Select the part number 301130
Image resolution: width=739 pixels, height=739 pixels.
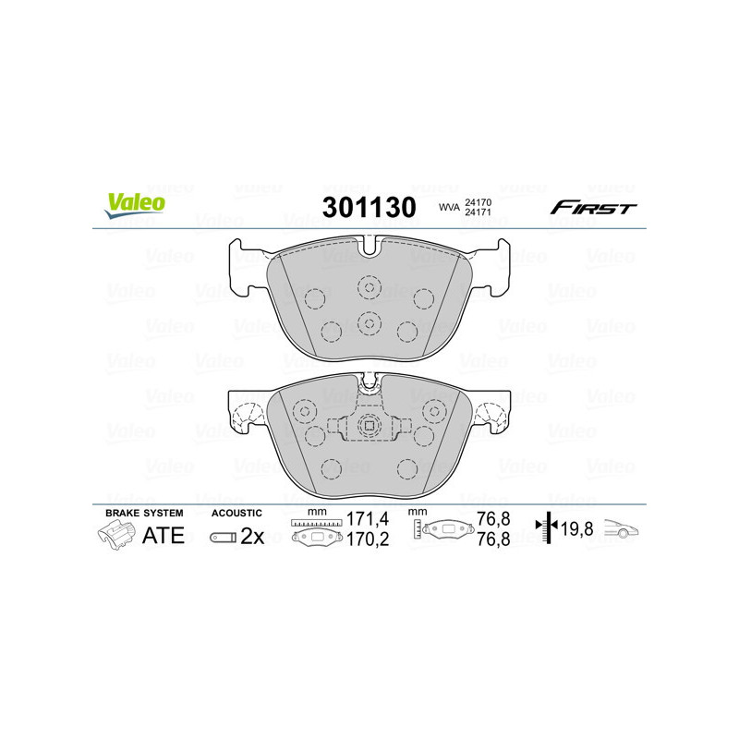tap(368, 207)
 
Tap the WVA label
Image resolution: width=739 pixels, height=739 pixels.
tap(449, 207)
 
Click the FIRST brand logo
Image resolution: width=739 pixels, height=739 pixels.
tap(593, 208)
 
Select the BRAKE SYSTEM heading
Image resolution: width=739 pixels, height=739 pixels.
tap(144, 513)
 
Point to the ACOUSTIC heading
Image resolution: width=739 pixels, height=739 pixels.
tap(236, 513)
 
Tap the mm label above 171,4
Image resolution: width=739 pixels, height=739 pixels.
tap(317, 512)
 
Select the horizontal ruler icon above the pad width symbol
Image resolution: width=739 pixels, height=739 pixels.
tap(316, 523)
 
